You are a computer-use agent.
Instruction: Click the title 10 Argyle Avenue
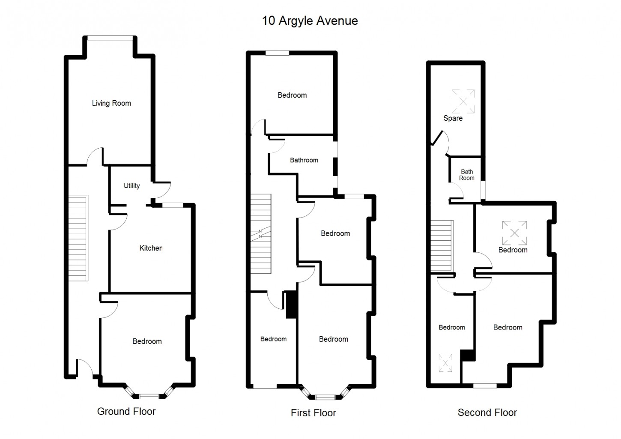point(310,21)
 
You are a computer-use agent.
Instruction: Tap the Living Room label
point(111,103)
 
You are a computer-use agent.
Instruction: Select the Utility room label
point(131,186)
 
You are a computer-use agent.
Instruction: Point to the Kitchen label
point(151,248)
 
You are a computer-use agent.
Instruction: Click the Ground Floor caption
point(126,411)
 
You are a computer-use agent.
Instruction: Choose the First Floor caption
point(313,413)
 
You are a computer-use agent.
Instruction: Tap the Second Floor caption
point(487,412)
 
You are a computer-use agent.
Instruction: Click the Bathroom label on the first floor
point(304,160)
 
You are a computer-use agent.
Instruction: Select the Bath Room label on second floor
point(467,175)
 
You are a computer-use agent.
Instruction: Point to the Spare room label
point(453,118)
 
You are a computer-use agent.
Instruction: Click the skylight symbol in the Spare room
point(463,102)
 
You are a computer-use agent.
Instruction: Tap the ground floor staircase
point(78,238)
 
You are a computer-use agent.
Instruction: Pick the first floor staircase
point(261,234)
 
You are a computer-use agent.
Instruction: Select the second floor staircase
point(442,246)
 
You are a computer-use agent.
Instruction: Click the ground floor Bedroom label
point(147,341)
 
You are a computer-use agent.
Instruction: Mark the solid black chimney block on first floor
point(291,305)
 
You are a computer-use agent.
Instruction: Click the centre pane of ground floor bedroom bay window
point(149,397)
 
